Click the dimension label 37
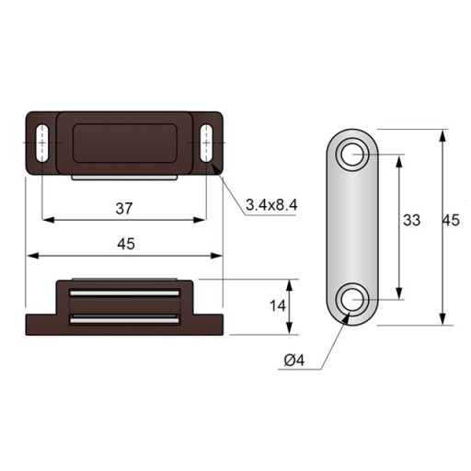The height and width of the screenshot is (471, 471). point(124,209)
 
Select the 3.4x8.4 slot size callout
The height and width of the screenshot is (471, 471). point(271,205)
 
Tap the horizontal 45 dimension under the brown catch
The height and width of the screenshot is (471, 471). point(126,244)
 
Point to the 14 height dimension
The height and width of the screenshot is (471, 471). point(278,305)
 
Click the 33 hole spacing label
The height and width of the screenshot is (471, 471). point(411,220)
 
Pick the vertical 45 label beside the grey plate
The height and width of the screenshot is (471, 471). point(451,220)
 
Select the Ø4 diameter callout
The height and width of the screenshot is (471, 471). point(294,360)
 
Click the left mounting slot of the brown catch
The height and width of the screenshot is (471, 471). point(41,143)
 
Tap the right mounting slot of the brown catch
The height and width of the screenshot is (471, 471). point(207,143)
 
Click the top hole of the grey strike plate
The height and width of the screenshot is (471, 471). point(352,155)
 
